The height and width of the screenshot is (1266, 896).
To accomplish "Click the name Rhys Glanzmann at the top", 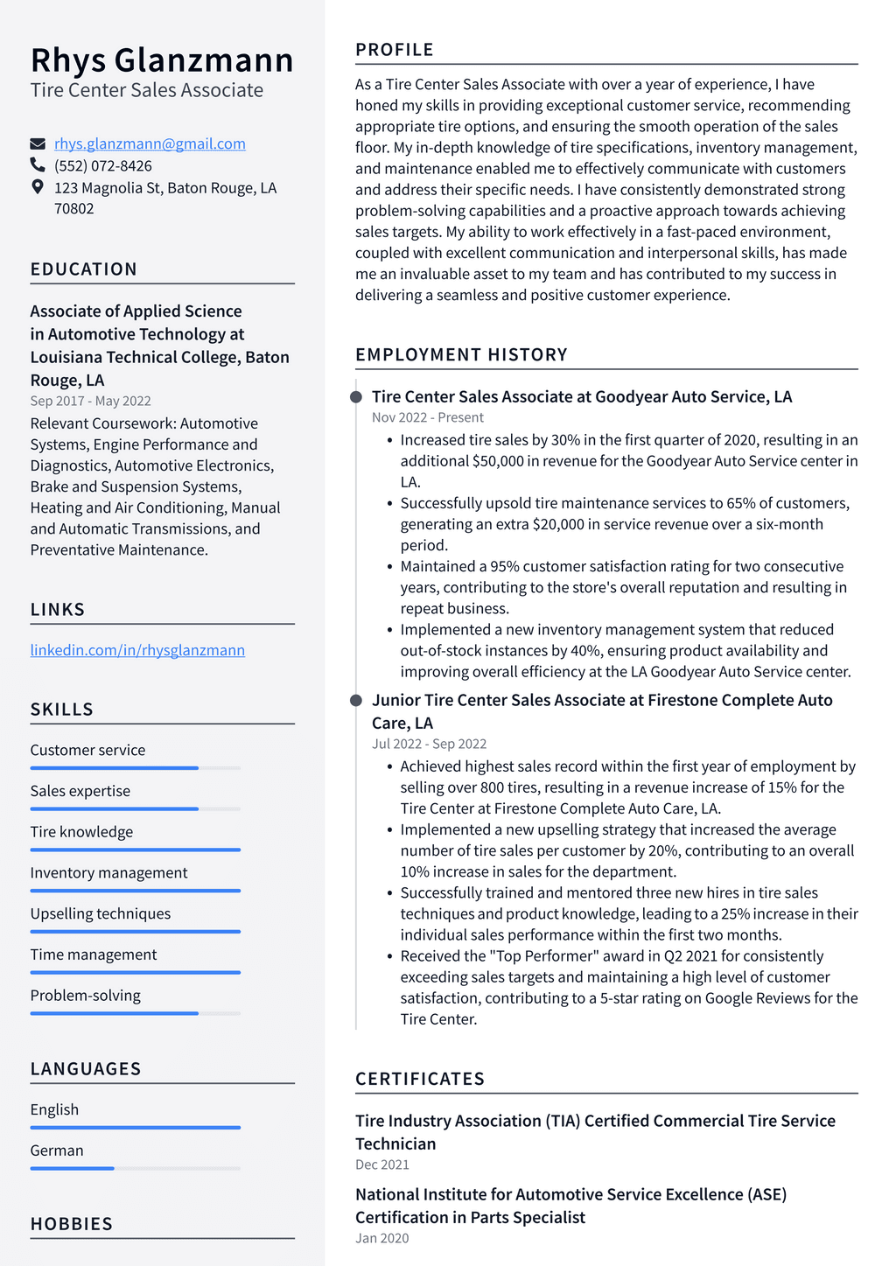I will [162, 60].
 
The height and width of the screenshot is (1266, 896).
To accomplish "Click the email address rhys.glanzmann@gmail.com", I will [150, 143].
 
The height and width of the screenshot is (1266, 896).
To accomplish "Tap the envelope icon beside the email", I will [38, 143].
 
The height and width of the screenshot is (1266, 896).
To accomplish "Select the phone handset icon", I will [38, 164].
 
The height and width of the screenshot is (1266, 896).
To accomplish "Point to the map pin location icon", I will [38, 186].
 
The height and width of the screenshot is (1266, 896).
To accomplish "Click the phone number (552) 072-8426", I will [103, 165].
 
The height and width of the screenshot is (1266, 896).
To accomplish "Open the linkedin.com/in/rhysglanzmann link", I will [137, 650].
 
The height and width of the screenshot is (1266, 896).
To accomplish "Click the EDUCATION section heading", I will [84, 269].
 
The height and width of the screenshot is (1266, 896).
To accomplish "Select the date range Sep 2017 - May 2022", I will [90, 401].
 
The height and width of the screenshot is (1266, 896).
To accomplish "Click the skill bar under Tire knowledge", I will [135, 850].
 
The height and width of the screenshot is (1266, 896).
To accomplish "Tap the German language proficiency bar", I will [135, 1168].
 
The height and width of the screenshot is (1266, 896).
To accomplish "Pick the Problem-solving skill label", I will [85, 996].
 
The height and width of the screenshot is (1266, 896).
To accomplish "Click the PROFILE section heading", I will [395, 50].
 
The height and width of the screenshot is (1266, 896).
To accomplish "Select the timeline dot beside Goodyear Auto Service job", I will [356, 397].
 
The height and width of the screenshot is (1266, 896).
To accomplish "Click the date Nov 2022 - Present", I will [427, 417].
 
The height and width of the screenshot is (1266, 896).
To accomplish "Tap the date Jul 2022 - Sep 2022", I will [429, 744].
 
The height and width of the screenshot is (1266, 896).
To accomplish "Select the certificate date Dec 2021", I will [382, 1165].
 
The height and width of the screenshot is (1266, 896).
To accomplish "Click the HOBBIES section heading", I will [72, 1224].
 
